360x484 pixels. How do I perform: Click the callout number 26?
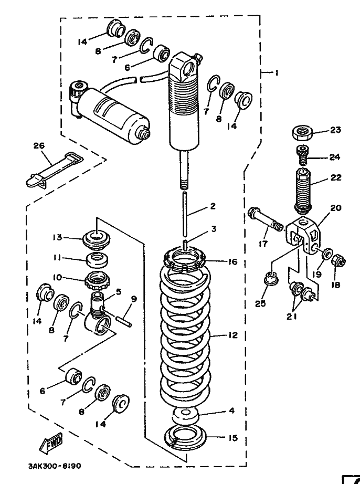click(x=39, y=145)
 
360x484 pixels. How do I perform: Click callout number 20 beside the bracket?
click(x=336, y=208)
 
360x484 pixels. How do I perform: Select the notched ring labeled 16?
click(x=184, y=258)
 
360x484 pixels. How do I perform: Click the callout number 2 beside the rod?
click(x=213, y=207)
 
